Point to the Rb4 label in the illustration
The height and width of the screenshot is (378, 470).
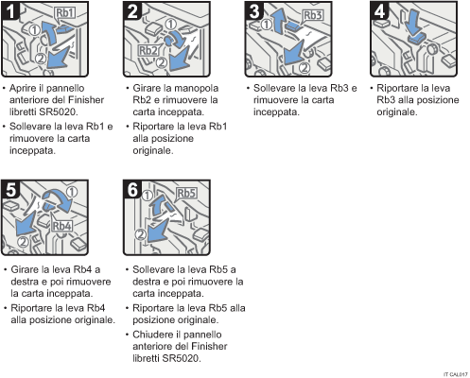pyautogui.click(x=63, y=227)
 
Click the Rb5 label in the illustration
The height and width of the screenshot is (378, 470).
pyautogui.click(x=185, y=194)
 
